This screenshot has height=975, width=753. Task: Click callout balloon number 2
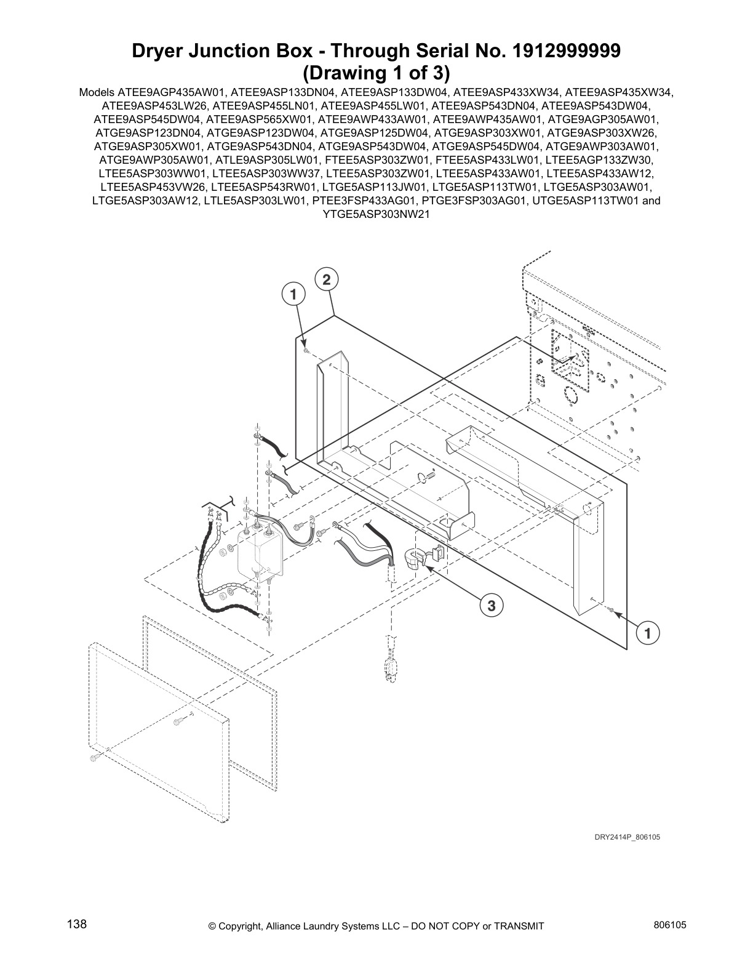tap(326, 279)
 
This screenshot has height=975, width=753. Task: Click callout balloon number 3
tap(491, 606)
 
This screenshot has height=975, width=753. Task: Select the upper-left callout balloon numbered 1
tap(293, 294)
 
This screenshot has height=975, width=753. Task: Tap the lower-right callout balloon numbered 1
tap(647, 633)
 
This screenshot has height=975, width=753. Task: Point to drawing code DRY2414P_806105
tap(627, 838)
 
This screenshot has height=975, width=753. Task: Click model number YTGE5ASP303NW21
tap(376, 214)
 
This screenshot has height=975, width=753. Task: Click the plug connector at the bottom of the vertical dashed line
tap(389, 669)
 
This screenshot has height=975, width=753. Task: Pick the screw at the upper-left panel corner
tap(306, 350)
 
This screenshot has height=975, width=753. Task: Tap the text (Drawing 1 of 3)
tap(376, 73)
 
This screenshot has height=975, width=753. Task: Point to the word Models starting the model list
tap(93, 93)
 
